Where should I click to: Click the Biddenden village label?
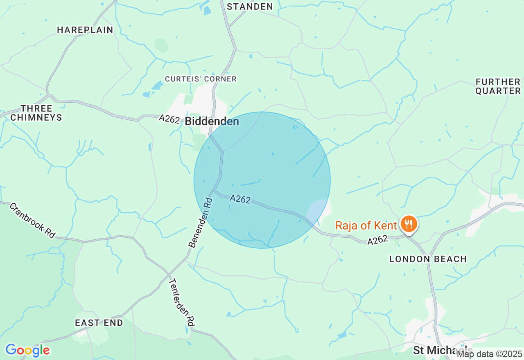coord(212,122)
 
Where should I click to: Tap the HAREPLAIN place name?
coord(85,30)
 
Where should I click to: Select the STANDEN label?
coord(250,7)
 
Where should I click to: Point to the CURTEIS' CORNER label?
coord(201,79)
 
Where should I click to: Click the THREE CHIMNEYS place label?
coord(36,113)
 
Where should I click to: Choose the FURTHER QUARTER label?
coord(498,86)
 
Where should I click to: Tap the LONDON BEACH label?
coord(428,259)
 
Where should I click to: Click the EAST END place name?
coord(99,323)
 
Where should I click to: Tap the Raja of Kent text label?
coord(366,225)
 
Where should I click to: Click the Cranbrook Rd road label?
coord(32,220)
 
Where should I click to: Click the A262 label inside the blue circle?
coord(240,199)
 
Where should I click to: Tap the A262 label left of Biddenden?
coord(169,119)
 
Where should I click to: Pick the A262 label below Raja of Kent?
coord(377,241)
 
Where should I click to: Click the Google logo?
coord(27,350)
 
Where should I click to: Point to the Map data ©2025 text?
coord(490,353)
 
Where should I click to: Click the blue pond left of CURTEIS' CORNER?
coord(157,85)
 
